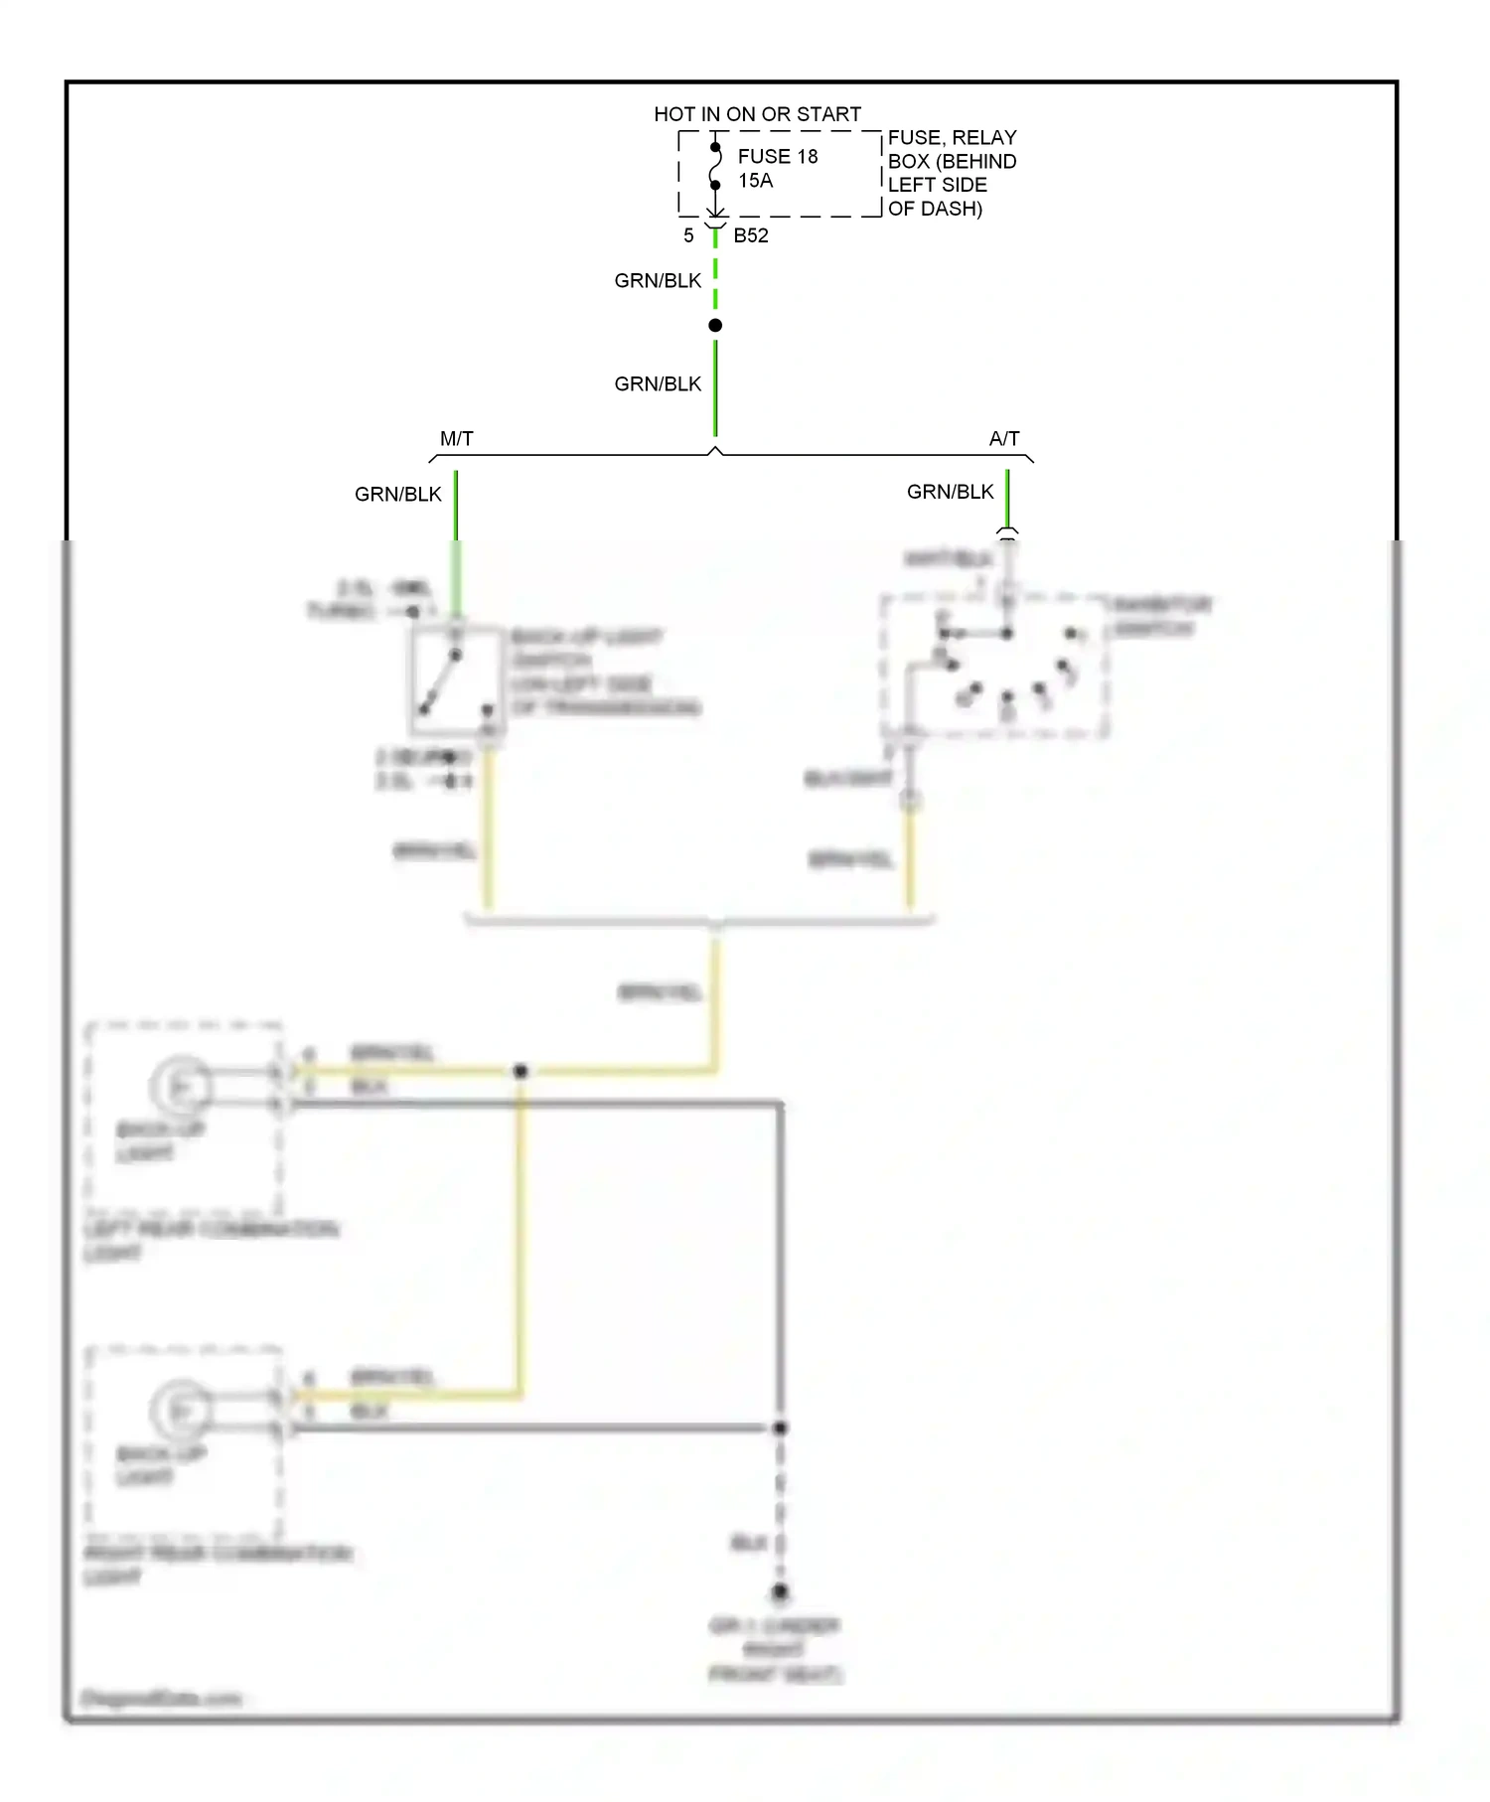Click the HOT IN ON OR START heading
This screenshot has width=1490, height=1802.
pos(757,114)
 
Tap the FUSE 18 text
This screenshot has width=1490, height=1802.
pos(778,156)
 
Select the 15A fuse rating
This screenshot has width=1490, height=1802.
pos(755,181)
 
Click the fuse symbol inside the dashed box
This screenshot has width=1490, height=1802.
pos(715,167)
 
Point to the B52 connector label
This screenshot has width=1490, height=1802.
pos(751,235)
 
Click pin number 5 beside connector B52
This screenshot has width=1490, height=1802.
pos(688,235)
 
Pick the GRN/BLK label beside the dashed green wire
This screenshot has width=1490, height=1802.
pos(658,281)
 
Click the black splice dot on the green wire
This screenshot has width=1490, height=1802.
pos(715,326)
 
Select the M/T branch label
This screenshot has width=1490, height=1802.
pos(457,438)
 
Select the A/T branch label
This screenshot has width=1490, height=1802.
pos(1004,438)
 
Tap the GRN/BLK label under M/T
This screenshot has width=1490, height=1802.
pos(398,494)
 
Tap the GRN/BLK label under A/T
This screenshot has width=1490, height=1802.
pos(950,492)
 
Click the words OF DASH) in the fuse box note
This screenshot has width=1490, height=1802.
pos(935,209)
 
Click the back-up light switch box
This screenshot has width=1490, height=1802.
pos(455,679)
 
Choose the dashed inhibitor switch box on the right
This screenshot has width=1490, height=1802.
pos(994,666)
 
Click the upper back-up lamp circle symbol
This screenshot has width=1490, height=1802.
pos(181,1087)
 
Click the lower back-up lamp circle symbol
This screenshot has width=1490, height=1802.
pos(181,1411)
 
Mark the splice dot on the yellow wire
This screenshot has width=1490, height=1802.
pos(521,1071)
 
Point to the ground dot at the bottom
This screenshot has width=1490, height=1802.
pos(780,1591)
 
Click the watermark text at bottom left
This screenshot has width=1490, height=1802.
pos(161,1698)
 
